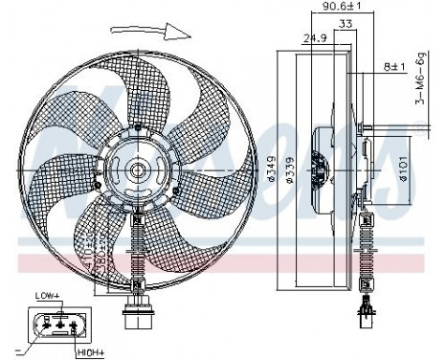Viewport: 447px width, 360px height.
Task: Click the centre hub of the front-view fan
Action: (138, 173)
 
